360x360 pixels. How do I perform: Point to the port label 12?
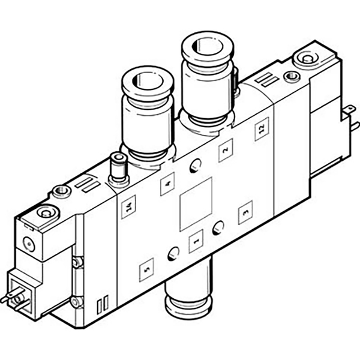262,128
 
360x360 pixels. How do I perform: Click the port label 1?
196,242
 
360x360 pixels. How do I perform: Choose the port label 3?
245,212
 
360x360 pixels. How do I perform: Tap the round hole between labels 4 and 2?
196,166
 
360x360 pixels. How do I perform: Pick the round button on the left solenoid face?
28,244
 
